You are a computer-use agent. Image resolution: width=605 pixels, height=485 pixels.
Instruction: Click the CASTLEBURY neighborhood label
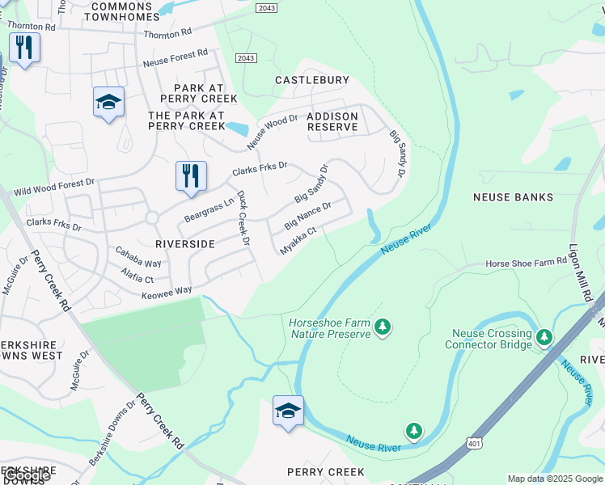click(x=312, y=80)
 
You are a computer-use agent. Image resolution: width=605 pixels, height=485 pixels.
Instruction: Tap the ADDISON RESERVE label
click(x=332, y=122)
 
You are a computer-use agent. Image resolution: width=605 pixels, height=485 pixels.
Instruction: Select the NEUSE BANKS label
click(x=514, y=197)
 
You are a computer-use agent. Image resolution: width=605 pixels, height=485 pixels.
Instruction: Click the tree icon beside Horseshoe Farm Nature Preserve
click(x=383, y=327)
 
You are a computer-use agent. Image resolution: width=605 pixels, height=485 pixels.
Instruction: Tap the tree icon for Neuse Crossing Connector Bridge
click(x=544, y=335)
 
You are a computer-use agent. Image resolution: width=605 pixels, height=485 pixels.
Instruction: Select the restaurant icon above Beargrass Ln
click(x=191, y=176)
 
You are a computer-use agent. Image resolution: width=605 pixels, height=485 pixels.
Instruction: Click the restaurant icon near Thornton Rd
click(x=24, y=48)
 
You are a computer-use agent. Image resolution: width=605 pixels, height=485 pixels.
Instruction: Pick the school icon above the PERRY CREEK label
click(x=288, y=411)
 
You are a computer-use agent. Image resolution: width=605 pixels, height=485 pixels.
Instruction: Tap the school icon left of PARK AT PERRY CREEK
click(x=108, y=102)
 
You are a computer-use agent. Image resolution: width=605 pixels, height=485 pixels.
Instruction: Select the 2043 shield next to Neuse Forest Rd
click(x=246, y=58)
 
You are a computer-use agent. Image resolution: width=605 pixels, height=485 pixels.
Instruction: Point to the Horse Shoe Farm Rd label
click(x=527, y=264)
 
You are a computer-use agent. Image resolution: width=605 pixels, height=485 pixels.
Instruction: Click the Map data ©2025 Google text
click(x=555, y=479)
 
